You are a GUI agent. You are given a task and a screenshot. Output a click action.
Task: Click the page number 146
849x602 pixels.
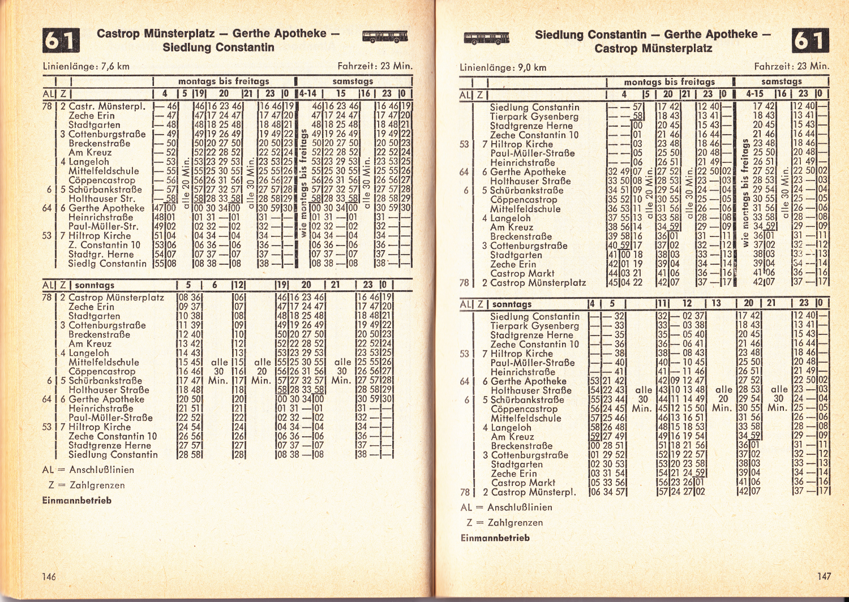click(49, 576)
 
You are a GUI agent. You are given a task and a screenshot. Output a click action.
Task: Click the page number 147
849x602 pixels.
click(824, 576)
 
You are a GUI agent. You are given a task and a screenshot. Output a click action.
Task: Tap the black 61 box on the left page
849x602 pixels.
click(61, 40)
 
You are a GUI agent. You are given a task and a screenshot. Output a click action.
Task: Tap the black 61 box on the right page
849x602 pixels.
click(811, 41)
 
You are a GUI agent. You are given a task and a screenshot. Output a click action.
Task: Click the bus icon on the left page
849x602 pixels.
click(385, 37)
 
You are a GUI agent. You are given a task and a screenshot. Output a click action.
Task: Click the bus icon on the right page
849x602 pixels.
click(486, 38)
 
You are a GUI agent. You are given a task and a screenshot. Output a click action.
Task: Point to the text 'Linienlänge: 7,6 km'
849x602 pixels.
click(86, 66)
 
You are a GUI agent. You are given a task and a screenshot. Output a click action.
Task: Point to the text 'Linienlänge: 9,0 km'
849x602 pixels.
click(503, 68)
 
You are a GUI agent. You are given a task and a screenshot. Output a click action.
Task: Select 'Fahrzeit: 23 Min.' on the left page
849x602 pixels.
click(375, 66)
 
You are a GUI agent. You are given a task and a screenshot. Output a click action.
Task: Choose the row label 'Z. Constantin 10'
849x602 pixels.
click(104, 245)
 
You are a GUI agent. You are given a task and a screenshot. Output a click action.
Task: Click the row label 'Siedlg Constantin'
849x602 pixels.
click(107, 264)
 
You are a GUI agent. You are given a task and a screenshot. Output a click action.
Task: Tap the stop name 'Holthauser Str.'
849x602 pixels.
click(102, 199)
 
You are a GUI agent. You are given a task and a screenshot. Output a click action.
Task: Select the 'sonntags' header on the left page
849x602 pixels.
click(95, 285)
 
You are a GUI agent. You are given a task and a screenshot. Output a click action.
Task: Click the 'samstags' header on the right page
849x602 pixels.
click(781, 81)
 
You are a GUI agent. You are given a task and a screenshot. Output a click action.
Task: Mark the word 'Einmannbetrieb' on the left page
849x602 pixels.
click(77, 500)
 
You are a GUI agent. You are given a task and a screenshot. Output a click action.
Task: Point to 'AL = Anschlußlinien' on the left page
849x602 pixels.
click(88, 470)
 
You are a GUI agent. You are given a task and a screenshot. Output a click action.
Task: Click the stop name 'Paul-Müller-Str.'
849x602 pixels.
click(103, 226)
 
